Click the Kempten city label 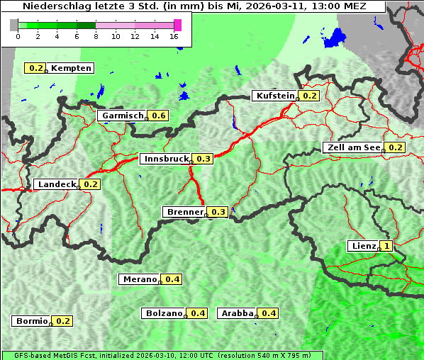coord(71,68)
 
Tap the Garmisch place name coord(123,116)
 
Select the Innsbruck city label coord(167,159)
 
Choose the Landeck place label coord(56,184)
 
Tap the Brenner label coord(184,212)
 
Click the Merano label coord(139,279)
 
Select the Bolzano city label coord(164,313)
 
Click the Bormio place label coord(31,321)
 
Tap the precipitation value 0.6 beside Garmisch coord(158,116)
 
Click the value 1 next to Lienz coord(386,246)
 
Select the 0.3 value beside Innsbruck coord(204,159)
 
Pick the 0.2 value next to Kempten coord(35,68)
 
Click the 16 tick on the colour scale coord(174,36)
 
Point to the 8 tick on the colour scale coord(96,36)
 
